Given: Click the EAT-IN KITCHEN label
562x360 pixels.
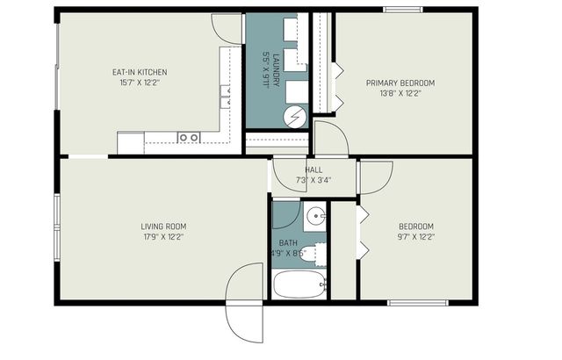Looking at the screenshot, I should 140,72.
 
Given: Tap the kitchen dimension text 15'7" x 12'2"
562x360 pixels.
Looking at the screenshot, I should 140,83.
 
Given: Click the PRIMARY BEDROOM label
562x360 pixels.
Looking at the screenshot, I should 400,83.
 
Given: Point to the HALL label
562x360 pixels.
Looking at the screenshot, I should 313,169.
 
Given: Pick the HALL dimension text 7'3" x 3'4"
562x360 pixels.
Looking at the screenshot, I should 313,180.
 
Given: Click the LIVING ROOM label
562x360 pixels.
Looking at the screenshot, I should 163,226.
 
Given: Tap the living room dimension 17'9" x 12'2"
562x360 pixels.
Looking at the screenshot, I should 163,236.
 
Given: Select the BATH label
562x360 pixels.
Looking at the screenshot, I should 288,243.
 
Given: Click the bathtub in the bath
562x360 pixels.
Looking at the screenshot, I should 299,284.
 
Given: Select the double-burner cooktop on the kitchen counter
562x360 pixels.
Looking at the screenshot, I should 189,138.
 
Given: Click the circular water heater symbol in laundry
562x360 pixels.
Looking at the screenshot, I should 296,115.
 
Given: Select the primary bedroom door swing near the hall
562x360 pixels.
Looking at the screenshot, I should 330,140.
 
